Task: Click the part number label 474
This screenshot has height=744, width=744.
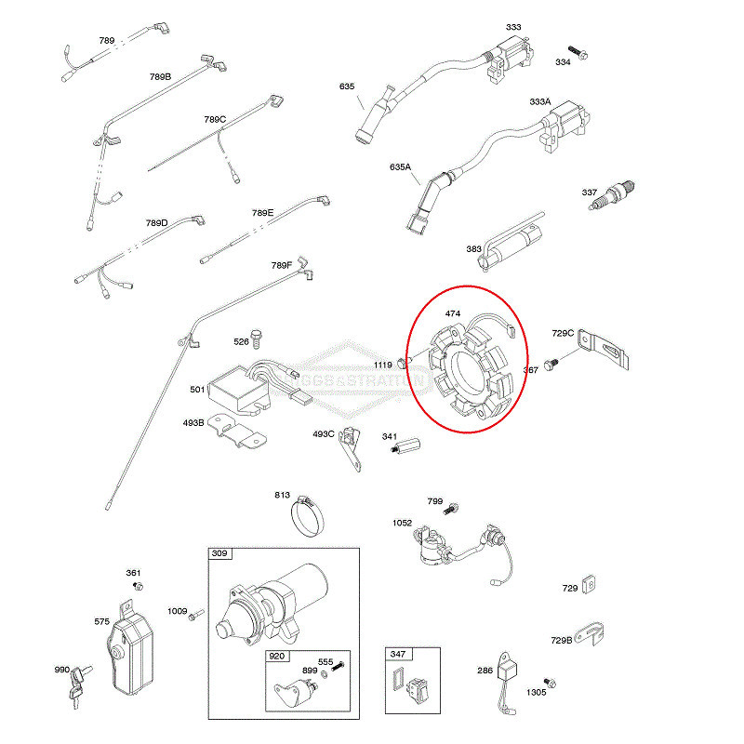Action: pyautogui.click(x=453, y=313)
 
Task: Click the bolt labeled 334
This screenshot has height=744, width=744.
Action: pyautogui.click(x=577, y=51)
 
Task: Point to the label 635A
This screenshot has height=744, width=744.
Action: pyautogui.click(x=400, y=167)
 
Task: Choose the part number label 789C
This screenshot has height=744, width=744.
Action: pyautogui.click(x=215, y=119)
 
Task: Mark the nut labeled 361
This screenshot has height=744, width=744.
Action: pyautogui.click(x=139, y=586)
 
